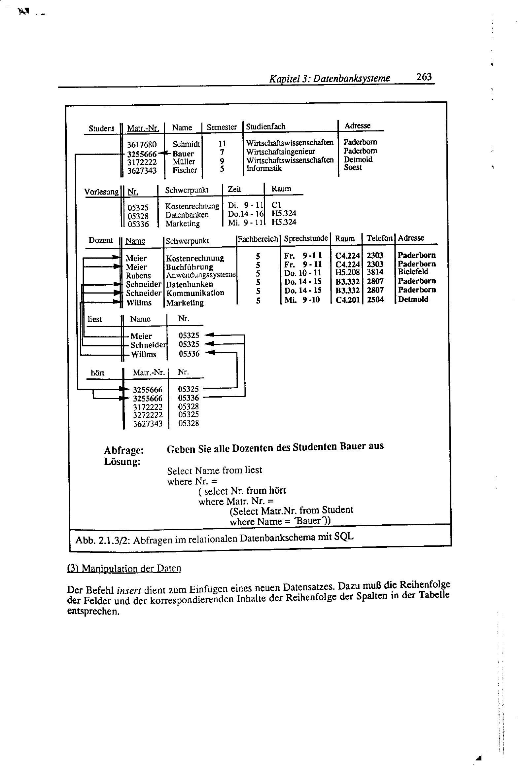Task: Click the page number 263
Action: click(424, 77)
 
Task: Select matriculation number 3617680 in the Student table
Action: click(142, 145)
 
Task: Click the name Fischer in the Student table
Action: click(185, 170)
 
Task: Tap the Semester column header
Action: click(222, 127)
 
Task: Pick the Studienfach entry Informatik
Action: click(264, 168)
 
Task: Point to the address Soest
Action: click(353, 167)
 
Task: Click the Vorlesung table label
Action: click(101, 192)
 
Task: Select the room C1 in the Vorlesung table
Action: click(276, 205)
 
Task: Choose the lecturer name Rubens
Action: click(138, 276)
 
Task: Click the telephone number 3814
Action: click(375, 272)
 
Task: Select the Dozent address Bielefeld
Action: click(413, 272)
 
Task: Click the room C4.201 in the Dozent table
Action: click(348, 300)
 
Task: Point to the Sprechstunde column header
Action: click(306, 238)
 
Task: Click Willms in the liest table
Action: click(144, 354)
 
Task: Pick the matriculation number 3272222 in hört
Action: click(148, 415)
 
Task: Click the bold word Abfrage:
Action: click(123, 450)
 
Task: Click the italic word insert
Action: click(128, 590)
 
